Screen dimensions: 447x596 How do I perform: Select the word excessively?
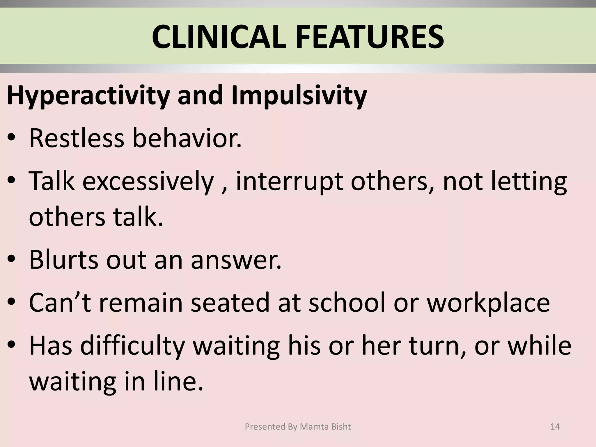click(148, 181)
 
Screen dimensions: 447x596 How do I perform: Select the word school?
click(347, 303)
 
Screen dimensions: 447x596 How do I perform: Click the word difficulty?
click(132, 346)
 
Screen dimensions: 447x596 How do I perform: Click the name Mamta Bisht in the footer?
click(325, 427)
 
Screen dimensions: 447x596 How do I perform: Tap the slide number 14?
click(555, 427)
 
